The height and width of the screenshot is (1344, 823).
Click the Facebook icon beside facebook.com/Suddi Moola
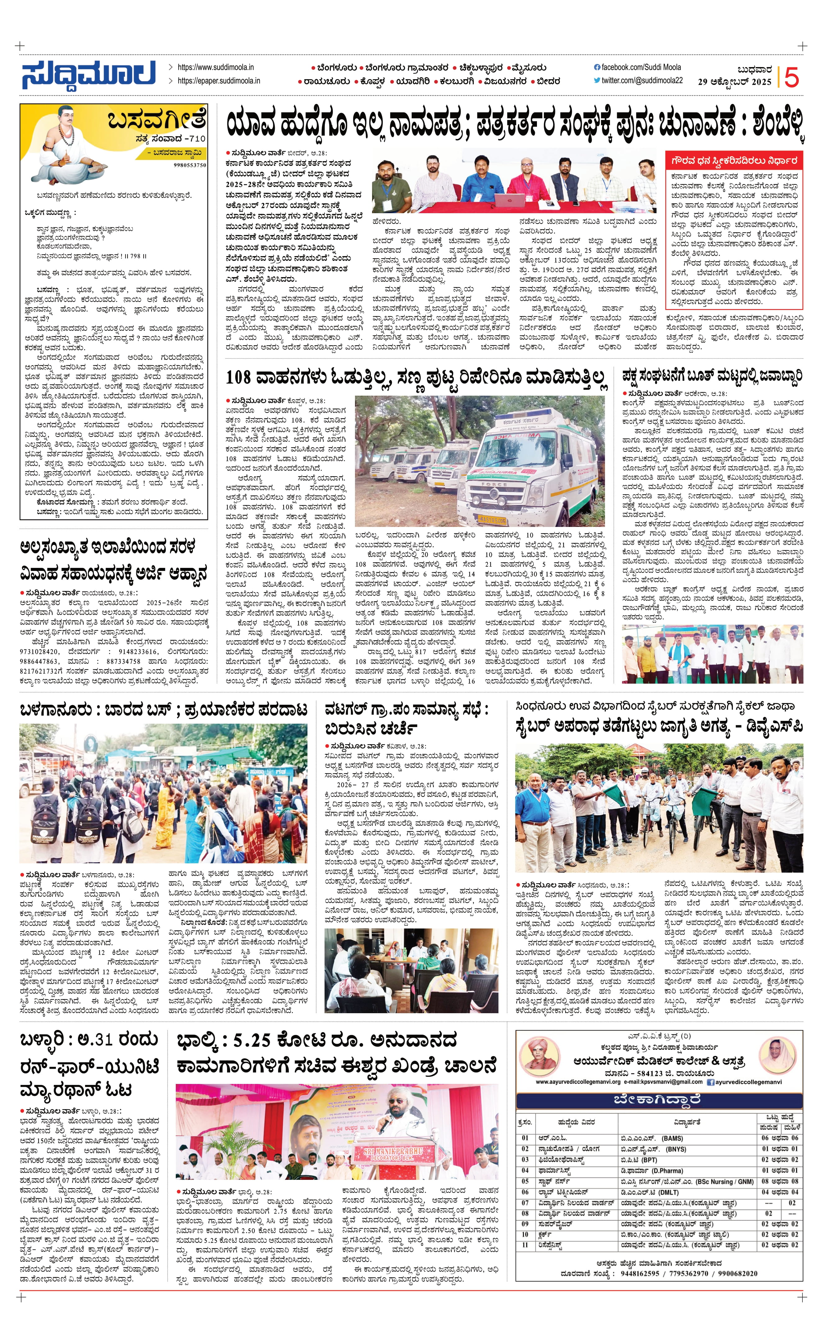point(597,67)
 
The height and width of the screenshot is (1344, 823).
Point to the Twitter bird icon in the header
point(597,80)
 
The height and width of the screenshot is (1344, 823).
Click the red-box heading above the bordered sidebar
point(734,161)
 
